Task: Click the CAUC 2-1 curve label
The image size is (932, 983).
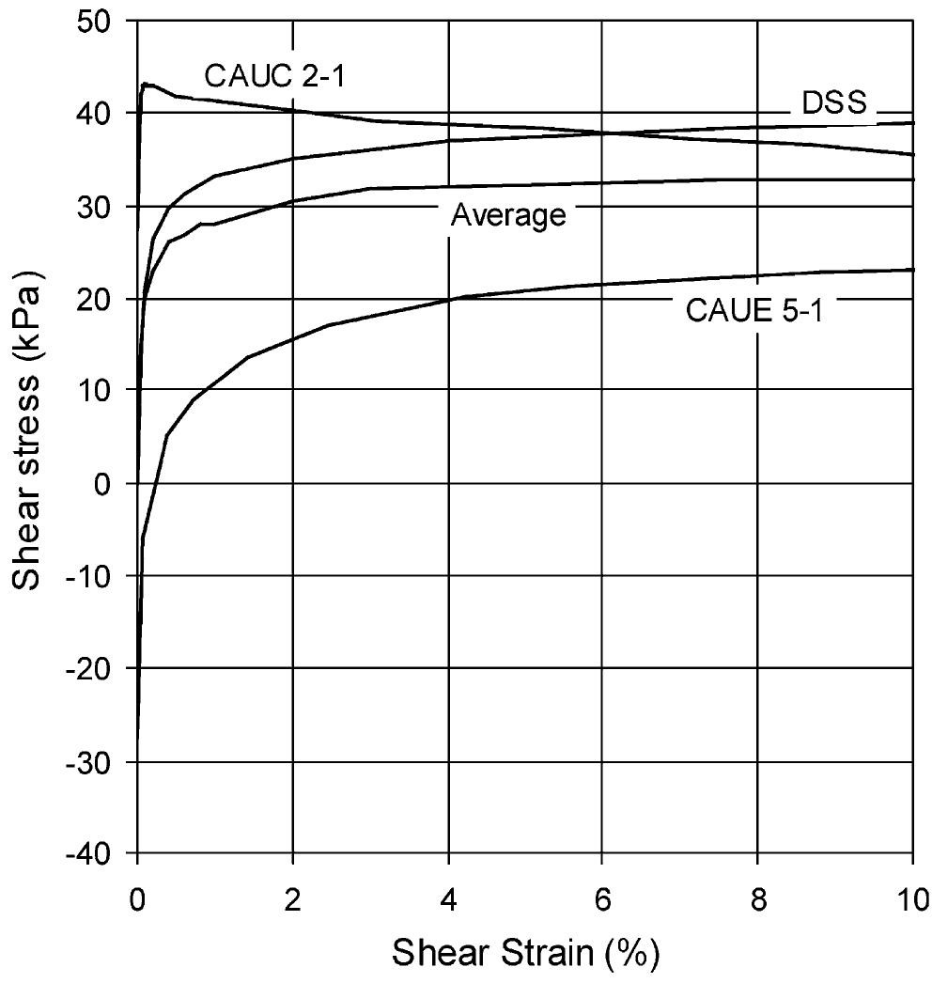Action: pos(275,75)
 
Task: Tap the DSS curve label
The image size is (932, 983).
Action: pos(833,102)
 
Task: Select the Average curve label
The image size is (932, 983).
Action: pos(508,216)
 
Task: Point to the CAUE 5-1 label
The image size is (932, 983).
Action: pos(753,310)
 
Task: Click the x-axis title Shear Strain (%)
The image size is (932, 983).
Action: pos(525,954)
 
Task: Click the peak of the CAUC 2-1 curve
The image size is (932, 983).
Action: pos(145,84)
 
